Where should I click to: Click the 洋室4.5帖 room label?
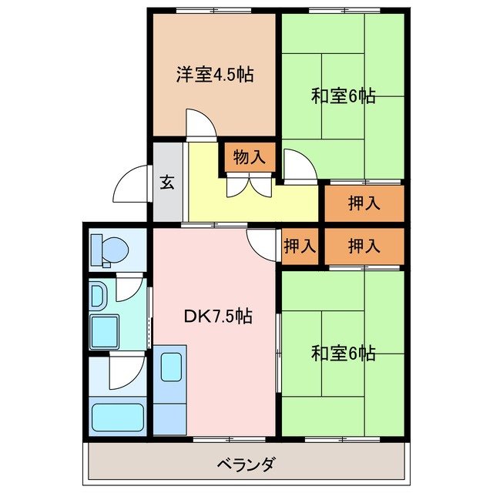tap(215, 75)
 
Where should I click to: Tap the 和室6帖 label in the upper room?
tap(343, 96)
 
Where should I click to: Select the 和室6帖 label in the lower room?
tap(343, 354)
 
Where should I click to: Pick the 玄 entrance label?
tap(167, 183)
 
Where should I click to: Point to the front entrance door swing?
tap(132, 184)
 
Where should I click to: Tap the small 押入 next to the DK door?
tap(299, 246)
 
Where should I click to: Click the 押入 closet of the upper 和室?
tap(363, 204)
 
